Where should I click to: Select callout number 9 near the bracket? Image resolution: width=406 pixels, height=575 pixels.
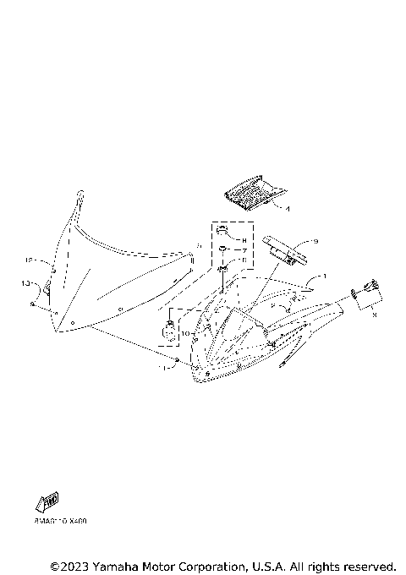pyautogui.click(x=315, y=241)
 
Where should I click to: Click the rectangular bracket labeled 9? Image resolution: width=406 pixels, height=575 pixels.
pyautogui.click(x=283, y=249)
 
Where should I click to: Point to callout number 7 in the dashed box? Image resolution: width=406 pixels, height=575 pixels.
pyautogui.click(x=244, y=251)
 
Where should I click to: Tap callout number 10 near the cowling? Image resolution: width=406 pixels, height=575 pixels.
pyautogui.click(x=184, y=334)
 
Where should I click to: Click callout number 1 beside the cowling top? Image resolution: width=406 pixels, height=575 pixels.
pyautogui.click(x=322, y=277)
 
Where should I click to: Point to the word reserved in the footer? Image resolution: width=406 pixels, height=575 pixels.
pyautogui.click(x=367, y=565)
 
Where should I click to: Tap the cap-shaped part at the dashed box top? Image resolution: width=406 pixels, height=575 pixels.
pyautogui.click(x=221, y=231)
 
